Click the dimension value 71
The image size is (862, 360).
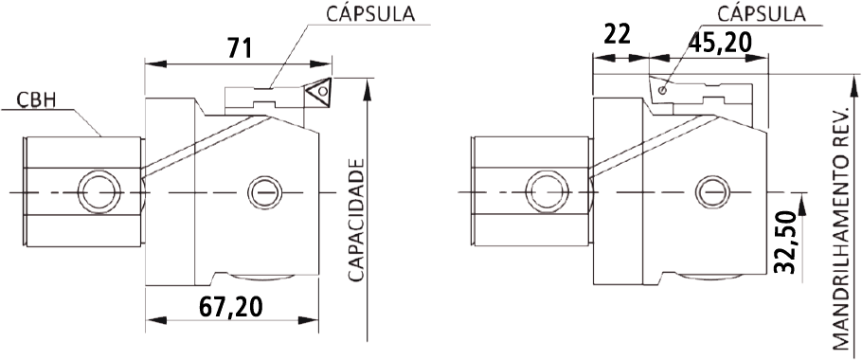click(x=239, y=48)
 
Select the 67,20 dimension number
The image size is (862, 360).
click(x=230, y=307)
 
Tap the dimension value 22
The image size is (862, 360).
click(x=618, y=35)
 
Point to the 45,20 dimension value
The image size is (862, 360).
click(x=720, y=42)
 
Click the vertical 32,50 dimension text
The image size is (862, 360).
click(x=785, y=243)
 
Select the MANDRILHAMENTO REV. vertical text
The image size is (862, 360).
click(x=841, y=228)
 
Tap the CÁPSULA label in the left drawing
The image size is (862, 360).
click(x=371, y=14)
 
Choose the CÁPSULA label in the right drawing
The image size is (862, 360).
click(x=762, y=12)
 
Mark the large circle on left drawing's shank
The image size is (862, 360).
click(x=99, y=192)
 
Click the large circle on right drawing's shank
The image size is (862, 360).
click(x=547, y=192)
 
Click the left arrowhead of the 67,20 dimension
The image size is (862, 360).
click(x=156, y=320)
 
